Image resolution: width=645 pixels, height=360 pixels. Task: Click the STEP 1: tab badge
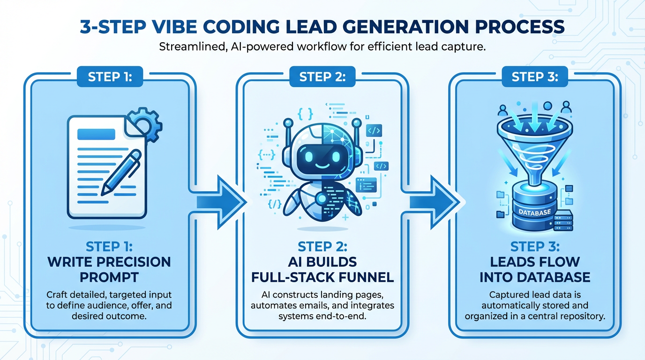110,77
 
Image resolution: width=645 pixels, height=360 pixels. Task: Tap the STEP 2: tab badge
322,77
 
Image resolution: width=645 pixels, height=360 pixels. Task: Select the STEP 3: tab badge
534,77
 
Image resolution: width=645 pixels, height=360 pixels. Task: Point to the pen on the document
121,172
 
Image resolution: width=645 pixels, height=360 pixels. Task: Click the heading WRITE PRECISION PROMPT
110,269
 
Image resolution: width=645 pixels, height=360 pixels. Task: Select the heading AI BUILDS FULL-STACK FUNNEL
322,269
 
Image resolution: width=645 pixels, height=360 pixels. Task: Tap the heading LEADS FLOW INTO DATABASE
534,269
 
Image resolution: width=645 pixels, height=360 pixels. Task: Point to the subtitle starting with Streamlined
322,47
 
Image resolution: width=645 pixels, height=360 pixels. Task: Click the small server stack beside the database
563,220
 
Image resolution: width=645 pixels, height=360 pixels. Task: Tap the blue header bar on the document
96,134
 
